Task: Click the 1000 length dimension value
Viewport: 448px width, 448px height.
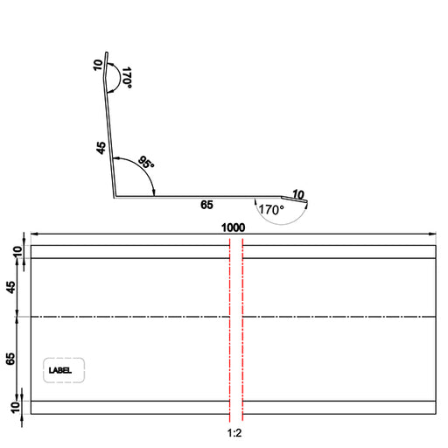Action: pyautogui.click(x=233, y=227)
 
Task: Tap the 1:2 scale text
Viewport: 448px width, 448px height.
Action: pyautogui.click(x=234, y=433)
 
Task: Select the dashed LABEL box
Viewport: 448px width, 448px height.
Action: pyautogui.click(x=64, y=370)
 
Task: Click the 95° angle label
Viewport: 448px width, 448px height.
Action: pyautogui.click(x=146, y=163)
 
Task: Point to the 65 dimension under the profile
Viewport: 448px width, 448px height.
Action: pyautogui.click(x=206, y=205)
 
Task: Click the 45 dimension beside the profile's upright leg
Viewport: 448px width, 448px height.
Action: pyautogui.click(x=101, y=148)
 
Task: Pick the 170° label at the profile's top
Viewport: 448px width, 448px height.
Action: pyautogui.click(x=127, y=78)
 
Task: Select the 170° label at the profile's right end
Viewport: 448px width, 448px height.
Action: pyautogui.click(x=271, y=209)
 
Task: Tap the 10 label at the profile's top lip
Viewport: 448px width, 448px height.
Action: pyautogui.click(x=98, y=65)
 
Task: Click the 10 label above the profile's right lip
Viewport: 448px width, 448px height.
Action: pyautogui.click(x=298, y=194)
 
